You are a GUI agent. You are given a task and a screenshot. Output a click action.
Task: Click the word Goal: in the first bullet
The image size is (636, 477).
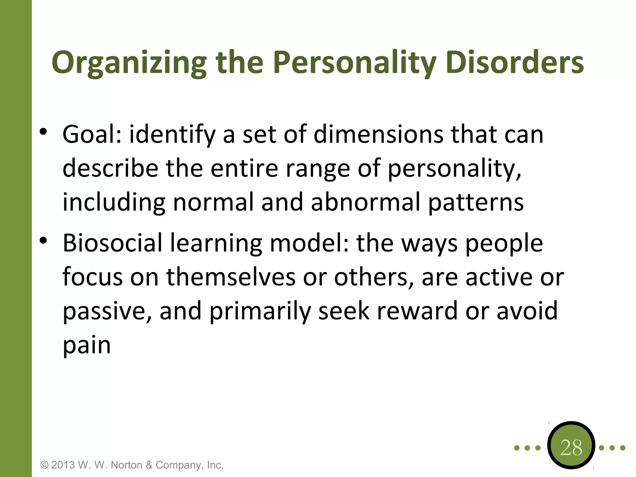[x=92, y=134]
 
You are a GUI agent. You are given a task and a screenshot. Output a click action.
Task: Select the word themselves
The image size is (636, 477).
[x=231, y=277]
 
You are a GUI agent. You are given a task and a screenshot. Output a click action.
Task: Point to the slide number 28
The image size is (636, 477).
[x=571, y=447]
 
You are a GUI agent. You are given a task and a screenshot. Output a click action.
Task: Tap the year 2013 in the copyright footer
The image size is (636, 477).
[x=63, y=465]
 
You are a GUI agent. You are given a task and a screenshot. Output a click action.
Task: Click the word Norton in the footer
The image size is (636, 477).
[x=126, y=465]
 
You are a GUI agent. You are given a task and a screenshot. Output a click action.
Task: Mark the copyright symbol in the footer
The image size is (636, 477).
[x=45, y=465]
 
